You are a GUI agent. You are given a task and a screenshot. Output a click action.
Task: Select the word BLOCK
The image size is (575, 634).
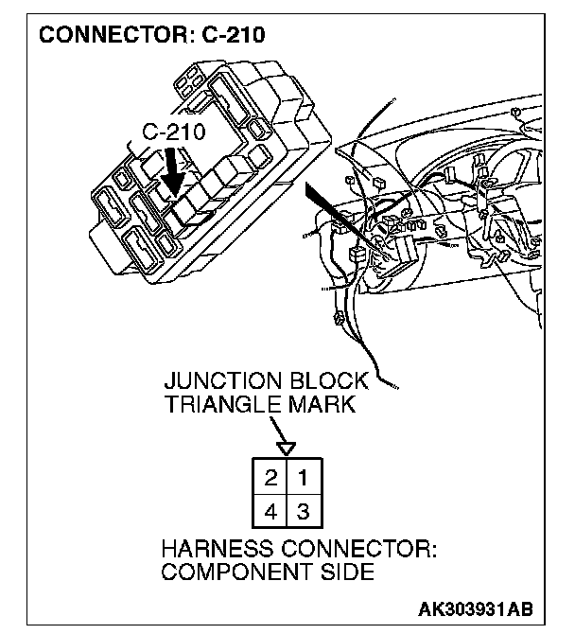click(x=327, y=381)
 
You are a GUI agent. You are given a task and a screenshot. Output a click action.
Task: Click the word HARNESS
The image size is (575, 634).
click(x=213, y=550)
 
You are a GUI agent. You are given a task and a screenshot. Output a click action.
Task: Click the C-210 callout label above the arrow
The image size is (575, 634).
click(x=173, y=132)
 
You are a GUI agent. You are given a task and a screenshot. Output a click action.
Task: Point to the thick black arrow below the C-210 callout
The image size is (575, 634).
click(x=172, y=170)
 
